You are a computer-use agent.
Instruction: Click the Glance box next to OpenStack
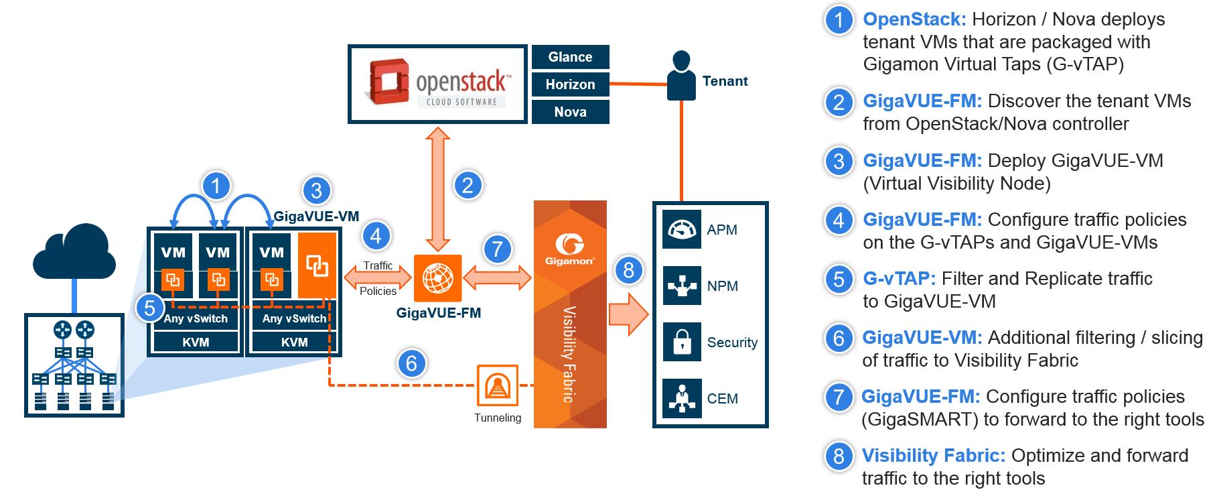(570, 57)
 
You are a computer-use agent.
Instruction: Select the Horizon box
(570, 84)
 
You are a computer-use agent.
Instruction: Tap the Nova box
(570, 112)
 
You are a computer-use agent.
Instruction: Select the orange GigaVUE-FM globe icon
(437, 278)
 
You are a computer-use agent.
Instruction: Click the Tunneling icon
(497, 385)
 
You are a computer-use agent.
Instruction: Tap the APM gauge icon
(682, 229)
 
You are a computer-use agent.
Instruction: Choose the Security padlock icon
(682, 342)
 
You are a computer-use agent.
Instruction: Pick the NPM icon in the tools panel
(682, 286)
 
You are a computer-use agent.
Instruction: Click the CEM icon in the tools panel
(682, 398)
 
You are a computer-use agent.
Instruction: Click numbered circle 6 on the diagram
(411, 363)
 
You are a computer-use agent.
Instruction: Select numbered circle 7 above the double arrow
(497, 249)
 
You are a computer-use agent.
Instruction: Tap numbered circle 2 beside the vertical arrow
(468, 185)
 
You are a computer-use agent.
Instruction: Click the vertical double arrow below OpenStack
(438, 189)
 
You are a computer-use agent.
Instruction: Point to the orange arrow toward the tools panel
(628, 314)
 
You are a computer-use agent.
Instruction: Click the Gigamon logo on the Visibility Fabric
(569, 249)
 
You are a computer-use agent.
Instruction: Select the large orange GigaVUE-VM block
(317, 265)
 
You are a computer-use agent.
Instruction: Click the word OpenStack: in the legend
(914, 19)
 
